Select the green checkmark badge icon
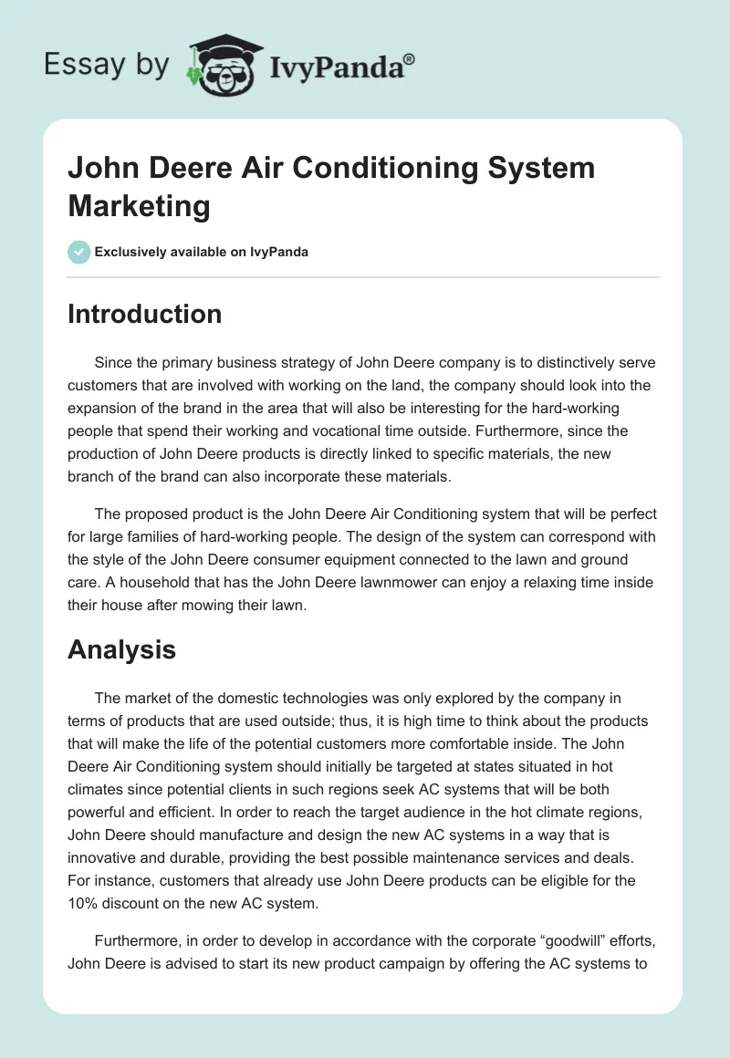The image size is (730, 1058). pos(78,252)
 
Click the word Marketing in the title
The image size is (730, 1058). pos(139,205)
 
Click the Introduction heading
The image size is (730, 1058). pos(145,314)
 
